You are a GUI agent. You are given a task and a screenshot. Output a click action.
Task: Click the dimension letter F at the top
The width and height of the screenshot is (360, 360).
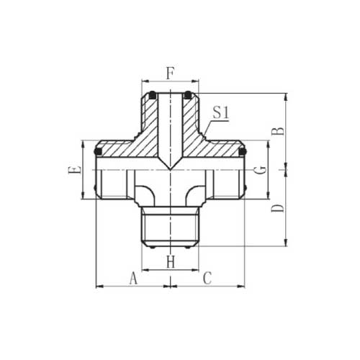coord(170,73)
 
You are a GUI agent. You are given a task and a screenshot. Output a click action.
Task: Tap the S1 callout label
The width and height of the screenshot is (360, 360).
coord(221,113)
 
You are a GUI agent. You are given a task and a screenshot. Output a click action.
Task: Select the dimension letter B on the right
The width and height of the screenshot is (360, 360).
coord(278,132)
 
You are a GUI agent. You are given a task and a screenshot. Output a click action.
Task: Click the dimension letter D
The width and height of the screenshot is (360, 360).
coord(278,208)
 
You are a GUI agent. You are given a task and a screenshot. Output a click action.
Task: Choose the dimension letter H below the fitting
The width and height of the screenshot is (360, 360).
coord(171,262)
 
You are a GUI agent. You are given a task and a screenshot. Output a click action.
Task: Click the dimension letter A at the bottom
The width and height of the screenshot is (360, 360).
coord(133,278)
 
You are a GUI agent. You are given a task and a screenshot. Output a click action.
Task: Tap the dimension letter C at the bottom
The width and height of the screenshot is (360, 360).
coord(207,278)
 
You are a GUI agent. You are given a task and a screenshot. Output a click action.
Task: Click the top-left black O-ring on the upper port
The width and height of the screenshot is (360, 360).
coord(153,95)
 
